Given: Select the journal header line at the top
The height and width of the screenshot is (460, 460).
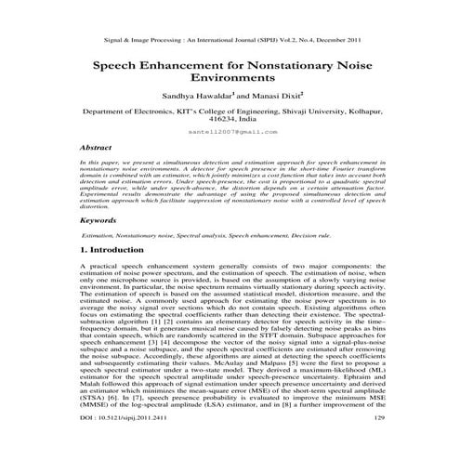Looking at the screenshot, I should click(229, 42).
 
